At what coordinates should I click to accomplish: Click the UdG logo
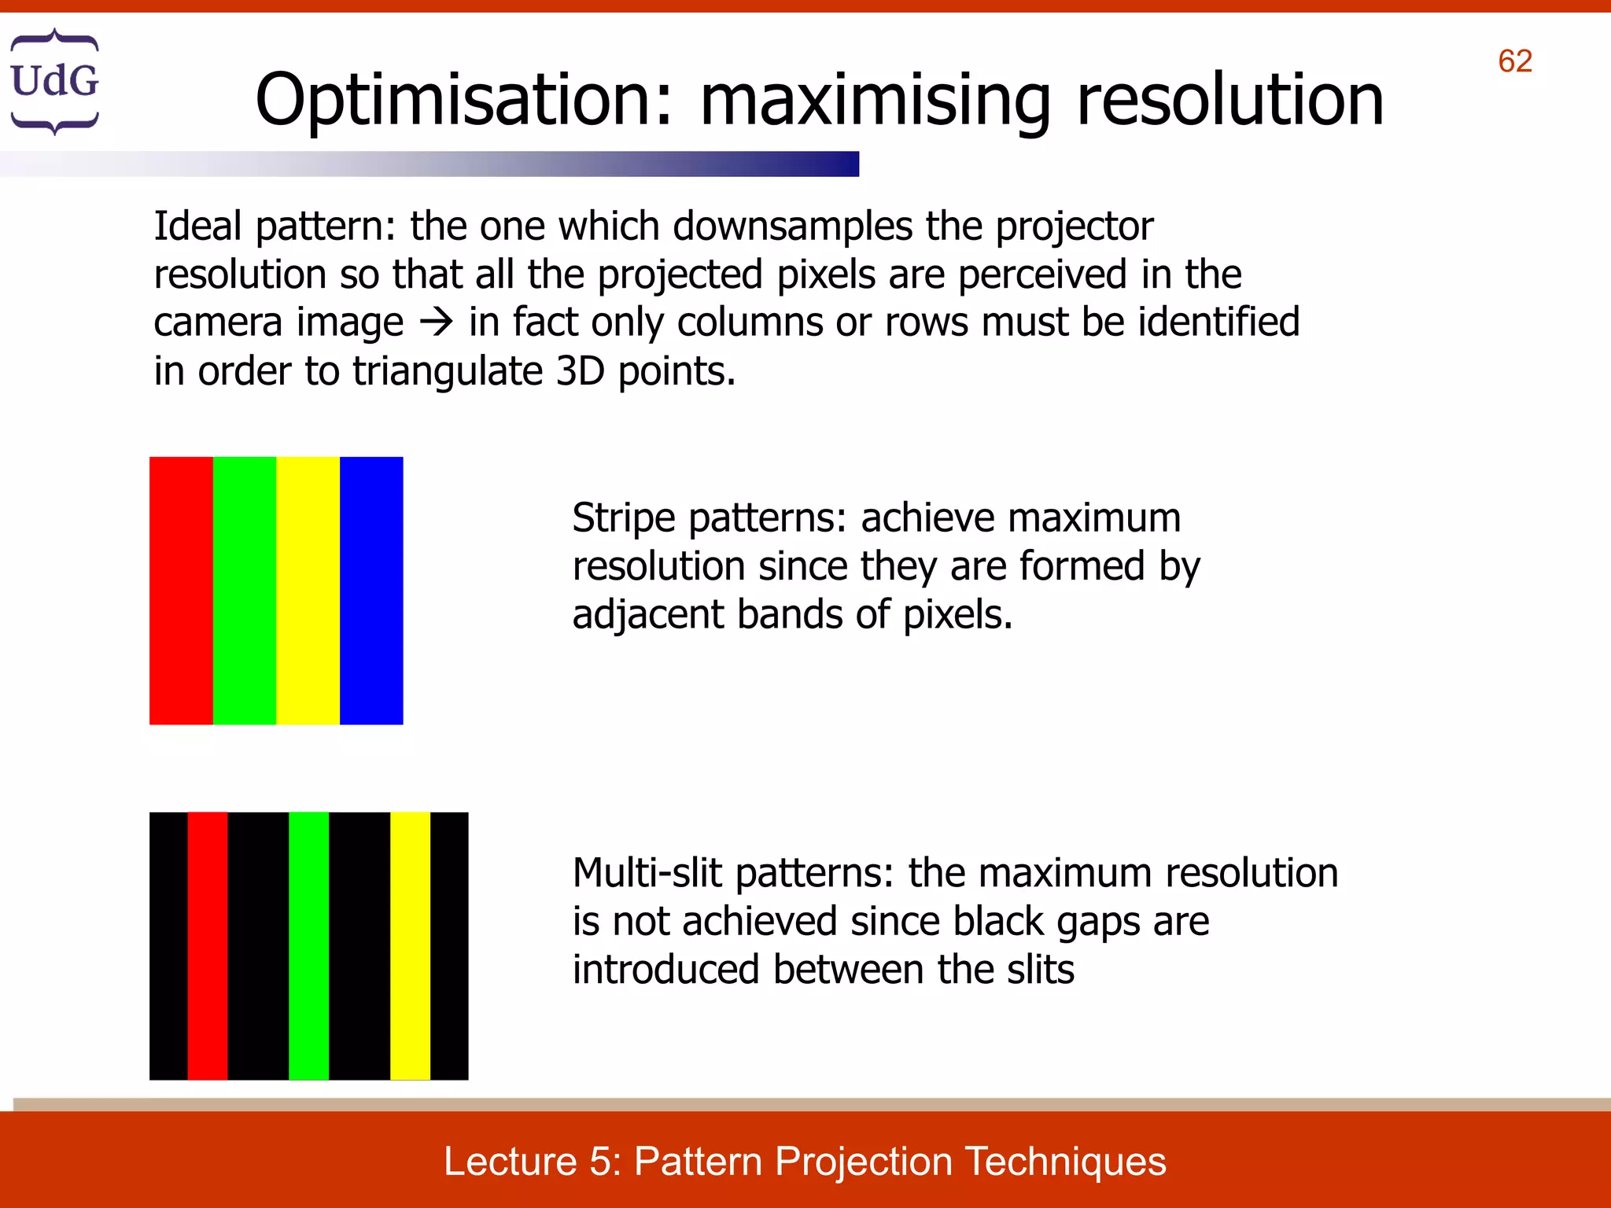54,81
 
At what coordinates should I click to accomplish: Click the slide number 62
1514,61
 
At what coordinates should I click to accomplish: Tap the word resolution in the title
1229,100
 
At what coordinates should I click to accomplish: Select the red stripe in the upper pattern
181,590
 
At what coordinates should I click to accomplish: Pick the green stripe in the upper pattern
245,590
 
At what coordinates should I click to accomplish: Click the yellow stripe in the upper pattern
308,590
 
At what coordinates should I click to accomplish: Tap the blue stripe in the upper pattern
371,590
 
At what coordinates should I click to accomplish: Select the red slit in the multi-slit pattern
208,945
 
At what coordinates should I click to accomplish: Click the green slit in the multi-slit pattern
308,945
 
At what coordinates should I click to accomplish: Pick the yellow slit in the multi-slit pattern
410,945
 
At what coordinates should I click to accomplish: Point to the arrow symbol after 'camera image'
437,323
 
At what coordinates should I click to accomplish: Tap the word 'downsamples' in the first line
791,227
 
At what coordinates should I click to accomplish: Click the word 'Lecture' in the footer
511,1162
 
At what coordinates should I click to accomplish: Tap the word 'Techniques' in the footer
1066,1162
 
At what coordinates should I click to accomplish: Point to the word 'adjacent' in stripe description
648,615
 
